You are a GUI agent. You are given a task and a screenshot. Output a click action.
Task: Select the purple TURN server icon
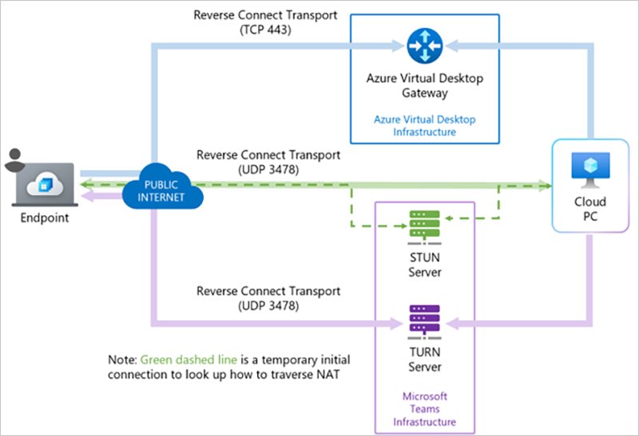click(x=419, y=321)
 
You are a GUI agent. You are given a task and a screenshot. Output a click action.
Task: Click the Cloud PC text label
click(x=590, y=210)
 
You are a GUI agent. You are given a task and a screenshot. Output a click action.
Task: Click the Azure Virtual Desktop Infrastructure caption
click(x=425, y=126)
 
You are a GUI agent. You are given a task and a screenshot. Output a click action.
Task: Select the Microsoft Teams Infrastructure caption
click(x=425, y=409)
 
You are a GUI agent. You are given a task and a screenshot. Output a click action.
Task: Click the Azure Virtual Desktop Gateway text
click(x=425, y=86)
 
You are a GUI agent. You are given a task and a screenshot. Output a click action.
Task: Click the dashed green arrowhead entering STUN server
click(x=449, y=218)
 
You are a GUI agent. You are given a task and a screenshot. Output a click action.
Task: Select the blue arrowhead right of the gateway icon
click(x=452, y=47)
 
